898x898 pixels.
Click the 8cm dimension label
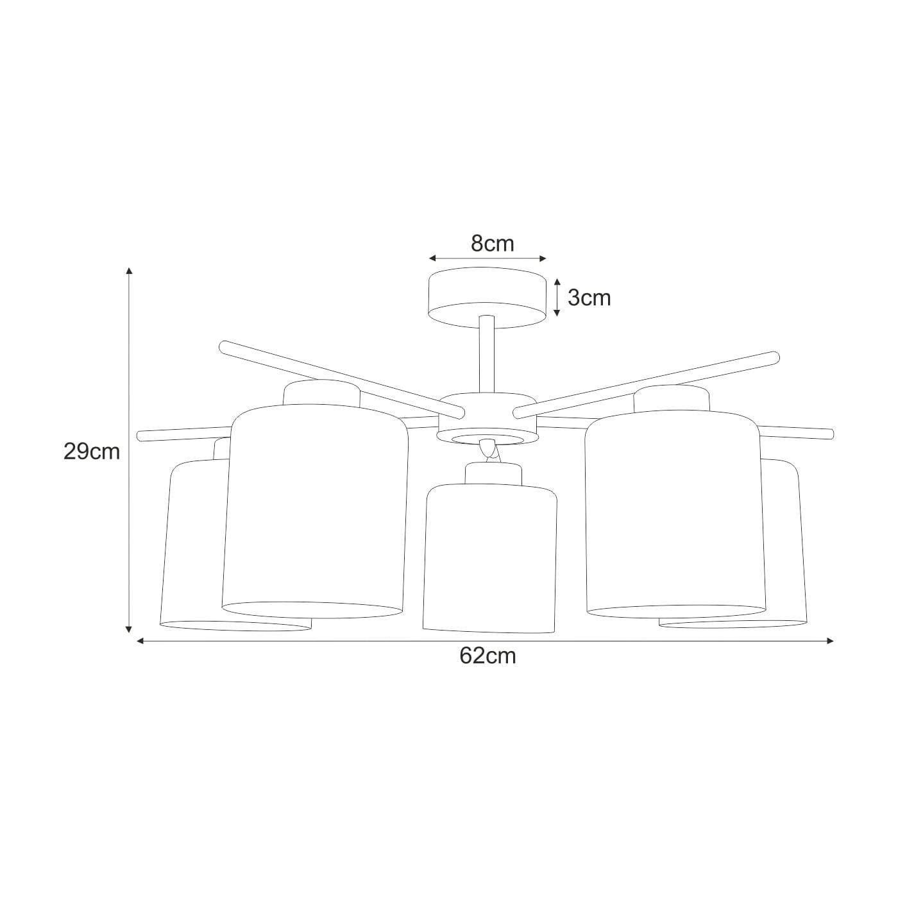tap(492, 243)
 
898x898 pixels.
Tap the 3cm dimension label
tap(589, 298)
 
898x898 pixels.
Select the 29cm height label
tap(92, 452)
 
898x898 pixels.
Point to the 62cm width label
tap(488, 656)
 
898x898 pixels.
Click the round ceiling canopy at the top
tap(487, 298)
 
